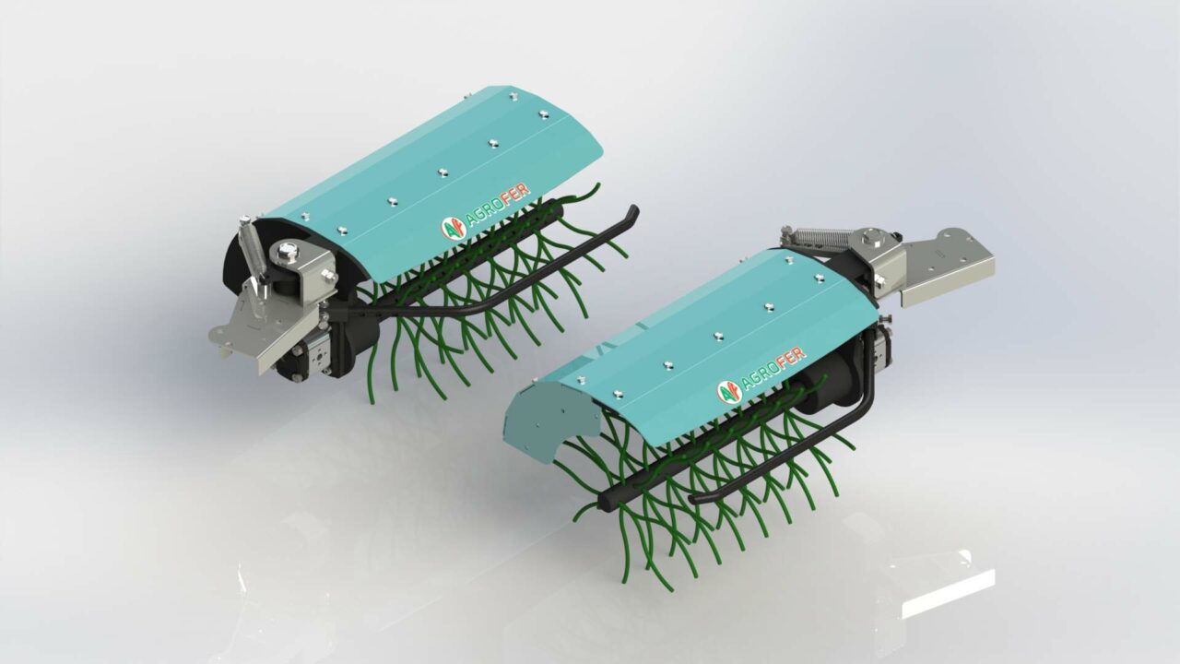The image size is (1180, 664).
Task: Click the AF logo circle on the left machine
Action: pyautogui.click(x=451, y=227)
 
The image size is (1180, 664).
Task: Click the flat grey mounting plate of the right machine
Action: pyautogui.click(x=945, y=267)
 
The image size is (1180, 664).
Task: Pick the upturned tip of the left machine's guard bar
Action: pyautogui.click(x=631, y=214)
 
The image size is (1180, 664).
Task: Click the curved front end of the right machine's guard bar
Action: pyautogui.click(x=701, y=498)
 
